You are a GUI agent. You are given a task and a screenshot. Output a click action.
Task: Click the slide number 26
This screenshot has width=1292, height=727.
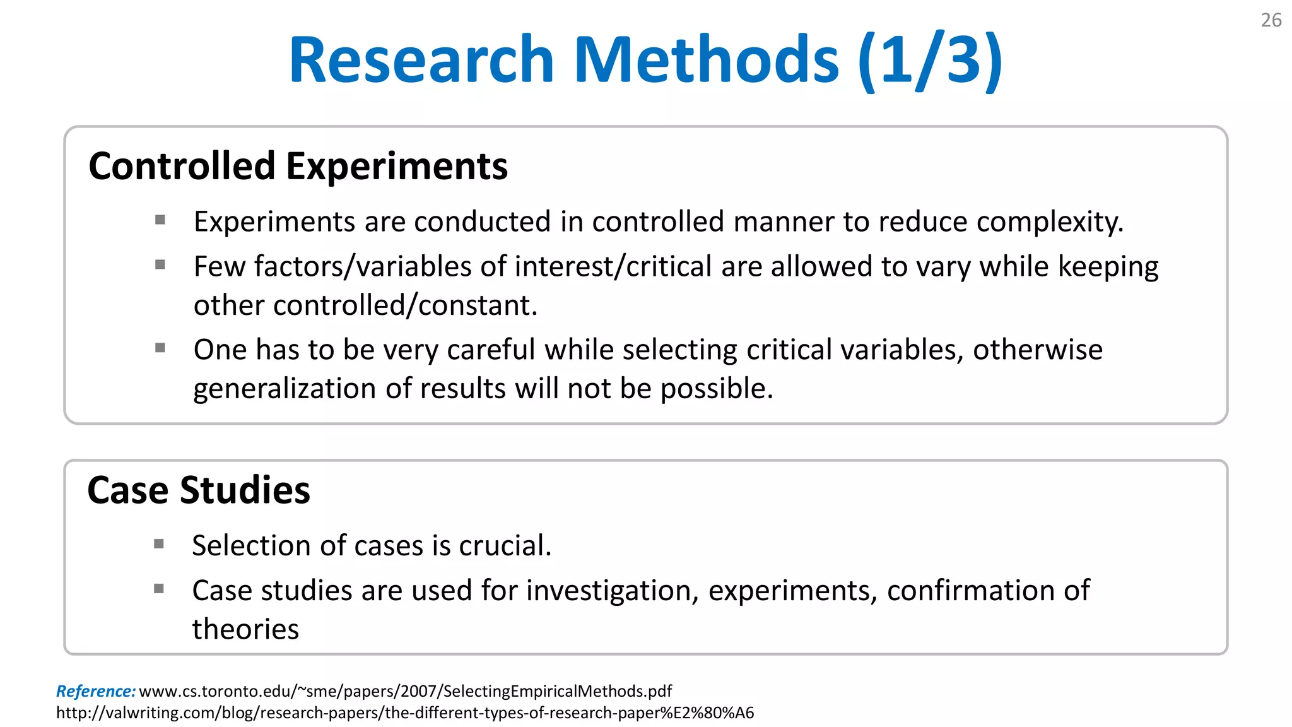1271,20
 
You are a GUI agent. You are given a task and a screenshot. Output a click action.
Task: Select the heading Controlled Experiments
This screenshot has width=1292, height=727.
298,166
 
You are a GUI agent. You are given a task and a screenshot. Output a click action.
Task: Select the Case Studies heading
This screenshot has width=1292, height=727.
199,490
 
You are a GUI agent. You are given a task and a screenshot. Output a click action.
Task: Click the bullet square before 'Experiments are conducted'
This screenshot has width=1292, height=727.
160,220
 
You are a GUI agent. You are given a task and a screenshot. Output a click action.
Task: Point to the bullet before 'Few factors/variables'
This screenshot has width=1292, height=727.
160,264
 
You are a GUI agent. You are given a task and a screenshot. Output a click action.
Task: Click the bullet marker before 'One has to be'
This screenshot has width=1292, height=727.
160,348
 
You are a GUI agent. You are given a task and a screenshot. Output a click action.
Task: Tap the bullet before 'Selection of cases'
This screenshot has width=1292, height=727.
159,543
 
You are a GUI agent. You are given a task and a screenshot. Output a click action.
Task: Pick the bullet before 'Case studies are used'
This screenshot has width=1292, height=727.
159,589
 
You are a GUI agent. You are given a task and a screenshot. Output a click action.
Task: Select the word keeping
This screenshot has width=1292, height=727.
1108,267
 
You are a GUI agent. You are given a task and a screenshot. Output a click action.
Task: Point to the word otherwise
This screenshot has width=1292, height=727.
1037,350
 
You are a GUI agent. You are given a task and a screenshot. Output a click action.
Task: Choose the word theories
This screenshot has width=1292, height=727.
245,629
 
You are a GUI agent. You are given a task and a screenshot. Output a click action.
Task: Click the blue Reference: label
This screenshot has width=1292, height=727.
96,691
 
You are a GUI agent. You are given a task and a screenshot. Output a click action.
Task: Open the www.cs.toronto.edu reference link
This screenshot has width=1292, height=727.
405,691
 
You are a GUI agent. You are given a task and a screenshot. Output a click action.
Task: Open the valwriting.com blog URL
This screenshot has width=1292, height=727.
405,712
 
